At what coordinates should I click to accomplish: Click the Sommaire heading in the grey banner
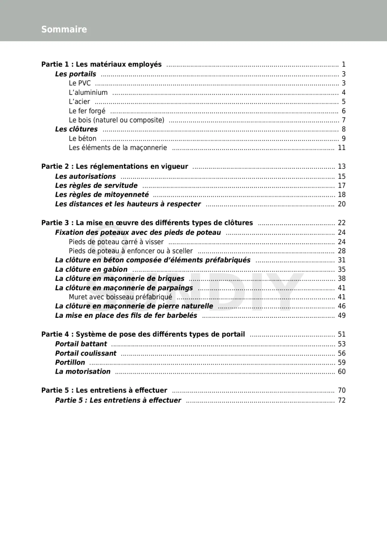click(x=64, y=29)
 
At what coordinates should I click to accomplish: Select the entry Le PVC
click(x=80, y=83)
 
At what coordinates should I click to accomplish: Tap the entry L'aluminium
click(x=88, y=92)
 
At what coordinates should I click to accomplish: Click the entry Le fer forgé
click(x=87, y=111)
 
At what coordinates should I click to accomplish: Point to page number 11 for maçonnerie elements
click(x=342, y=148)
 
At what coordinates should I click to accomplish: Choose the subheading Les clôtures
click(x=76, y=129)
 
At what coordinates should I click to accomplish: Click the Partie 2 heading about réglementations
click(x=115, y=166)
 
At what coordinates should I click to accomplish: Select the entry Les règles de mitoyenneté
click(x=102, y=195)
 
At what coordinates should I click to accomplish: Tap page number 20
click(x=342, y=204)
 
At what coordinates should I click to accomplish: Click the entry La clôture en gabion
click(x=91, y=269)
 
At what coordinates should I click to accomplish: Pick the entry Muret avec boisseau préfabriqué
click(x=120, y=297)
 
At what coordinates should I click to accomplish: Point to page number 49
click(x=342, y=316)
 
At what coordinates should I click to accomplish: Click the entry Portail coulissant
click(x=86, y=353)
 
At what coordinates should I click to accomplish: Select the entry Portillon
click(x=70, y=362)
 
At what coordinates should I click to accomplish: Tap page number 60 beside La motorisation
click(x=342, y=372)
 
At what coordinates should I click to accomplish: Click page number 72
click(x=342, y=400)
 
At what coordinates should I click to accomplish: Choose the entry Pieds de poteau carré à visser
click(x=116, y=242)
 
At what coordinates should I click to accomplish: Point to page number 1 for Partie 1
click(x=344, y=65)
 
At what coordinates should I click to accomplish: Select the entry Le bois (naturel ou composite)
click(x=116, y=120)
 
